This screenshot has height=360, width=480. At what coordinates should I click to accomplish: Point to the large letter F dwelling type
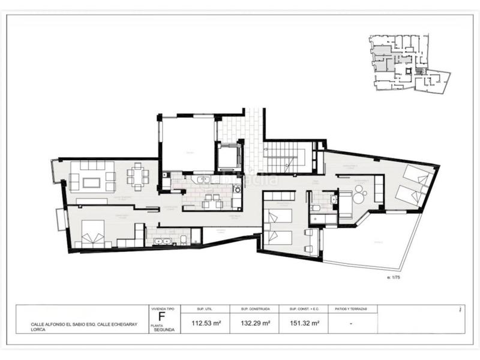[161, 317]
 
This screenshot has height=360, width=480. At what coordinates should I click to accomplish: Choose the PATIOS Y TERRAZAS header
[350, 309]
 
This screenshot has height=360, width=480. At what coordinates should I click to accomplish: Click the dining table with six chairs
[138, 177]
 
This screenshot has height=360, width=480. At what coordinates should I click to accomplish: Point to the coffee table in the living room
[92, 181]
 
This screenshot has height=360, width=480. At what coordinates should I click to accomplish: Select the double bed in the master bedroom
[91, 234]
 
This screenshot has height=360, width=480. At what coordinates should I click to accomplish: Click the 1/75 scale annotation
[394, 278]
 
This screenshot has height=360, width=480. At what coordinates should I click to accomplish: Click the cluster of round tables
[361, 193]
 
